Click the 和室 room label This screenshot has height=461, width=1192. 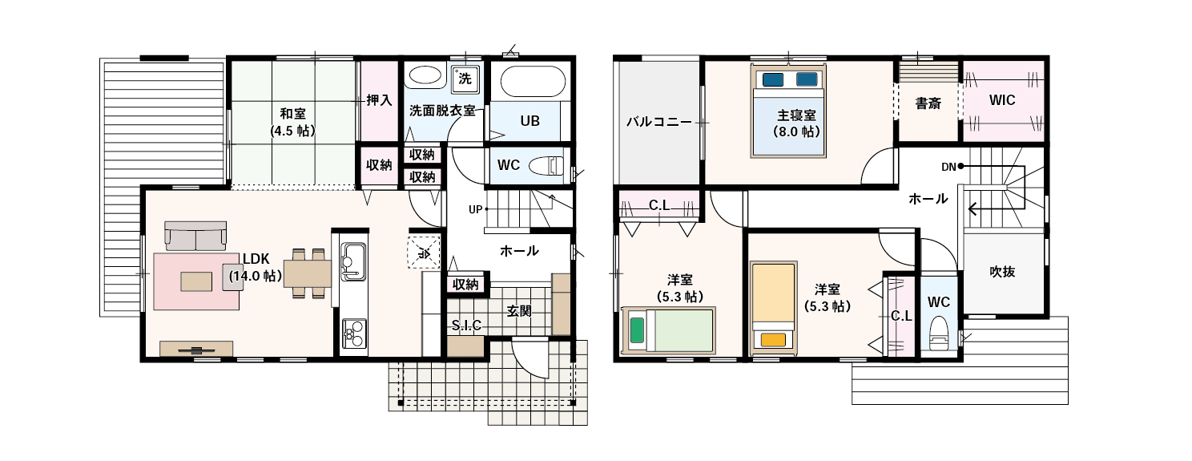[x=292, y=113]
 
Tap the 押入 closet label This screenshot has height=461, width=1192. [x=379, y=99]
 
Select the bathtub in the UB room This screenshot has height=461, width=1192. [x=533, y=82]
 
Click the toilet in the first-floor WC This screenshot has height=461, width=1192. [x=546, y=165]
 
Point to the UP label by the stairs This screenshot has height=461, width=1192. [x=475, y=210]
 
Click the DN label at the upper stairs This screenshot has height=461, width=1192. [x=948, y=167]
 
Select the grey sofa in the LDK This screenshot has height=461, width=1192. [x=195, y=236]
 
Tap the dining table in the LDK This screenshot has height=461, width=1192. [x=308, y=273]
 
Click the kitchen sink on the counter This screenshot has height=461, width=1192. [x=353, y=261]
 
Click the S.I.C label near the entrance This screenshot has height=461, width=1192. [x=467, y=326]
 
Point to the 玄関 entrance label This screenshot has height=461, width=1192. [x=519, y=311]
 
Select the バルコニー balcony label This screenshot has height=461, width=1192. [x=658, y=122]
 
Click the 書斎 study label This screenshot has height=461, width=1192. [x=928, y=103]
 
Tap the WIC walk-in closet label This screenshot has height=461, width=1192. [x=1002, y=100]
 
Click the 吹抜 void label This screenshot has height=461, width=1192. [x=1002, y=272]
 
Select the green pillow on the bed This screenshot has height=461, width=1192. [x=637, y=330]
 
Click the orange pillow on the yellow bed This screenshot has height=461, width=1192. [x=773, y=340]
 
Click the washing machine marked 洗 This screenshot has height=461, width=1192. [x=465, y=79]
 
